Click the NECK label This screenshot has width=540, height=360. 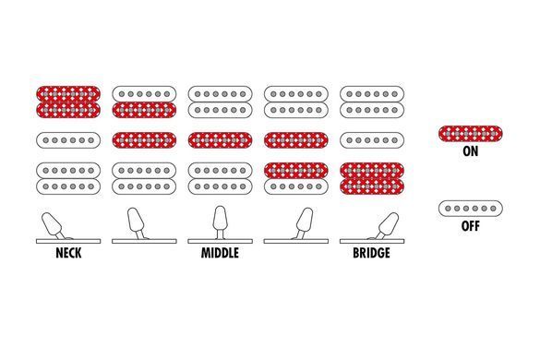[68, 253]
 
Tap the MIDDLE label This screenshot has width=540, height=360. [220, 253]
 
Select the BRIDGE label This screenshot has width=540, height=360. [372, 253]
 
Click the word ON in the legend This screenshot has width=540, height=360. [471, 151]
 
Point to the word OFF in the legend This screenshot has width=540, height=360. [471, 226]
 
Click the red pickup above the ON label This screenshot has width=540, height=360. [471, 134]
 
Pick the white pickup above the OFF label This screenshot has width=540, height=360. [471, 209]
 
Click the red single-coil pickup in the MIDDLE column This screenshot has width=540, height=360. [220, 140]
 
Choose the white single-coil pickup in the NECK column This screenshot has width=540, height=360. [68, 140]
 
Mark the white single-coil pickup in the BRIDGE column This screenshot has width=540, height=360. [372, 140]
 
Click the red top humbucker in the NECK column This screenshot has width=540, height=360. [68, 102]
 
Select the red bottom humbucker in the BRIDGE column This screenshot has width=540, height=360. [372, 178]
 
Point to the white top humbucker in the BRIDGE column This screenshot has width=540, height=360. [372, 102]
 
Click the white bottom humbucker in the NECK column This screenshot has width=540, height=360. [68, 178]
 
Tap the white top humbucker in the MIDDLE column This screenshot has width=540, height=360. [220, 102]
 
